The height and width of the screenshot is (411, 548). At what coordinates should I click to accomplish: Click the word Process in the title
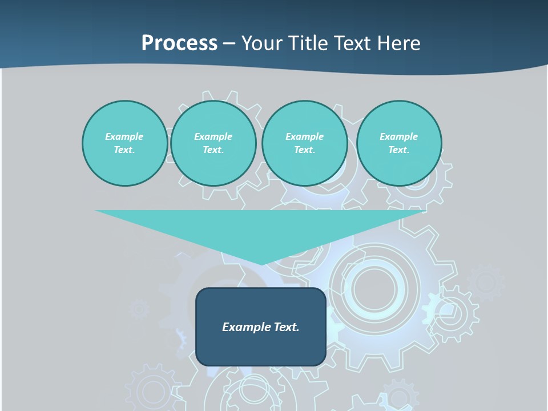tap(179, 43)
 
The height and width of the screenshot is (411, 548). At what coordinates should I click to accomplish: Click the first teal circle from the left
tap(124, 143)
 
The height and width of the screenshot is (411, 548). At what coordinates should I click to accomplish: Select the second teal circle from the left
tap(213, 143)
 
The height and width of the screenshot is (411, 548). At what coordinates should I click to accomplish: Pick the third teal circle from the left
tap(304, 143)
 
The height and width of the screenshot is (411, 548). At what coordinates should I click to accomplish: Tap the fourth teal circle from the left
tap(399, 143)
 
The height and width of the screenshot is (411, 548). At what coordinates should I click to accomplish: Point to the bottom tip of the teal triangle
tap(261, 264)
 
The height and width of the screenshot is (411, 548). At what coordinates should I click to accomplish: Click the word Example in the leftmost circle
tap(124, 136)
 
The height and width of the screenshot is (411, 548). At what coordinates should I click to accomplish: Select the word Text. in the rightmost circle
tap(399, 150)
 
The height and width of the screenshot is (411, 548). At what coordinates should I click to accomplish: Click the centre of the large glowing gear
tap(374, 285)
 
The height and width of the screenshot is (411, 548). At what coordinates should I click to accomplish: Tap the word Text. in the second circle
tap(213, 150)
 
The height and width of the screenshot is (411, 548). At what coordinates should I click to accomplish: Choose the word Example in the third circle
tap(304, 136)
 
